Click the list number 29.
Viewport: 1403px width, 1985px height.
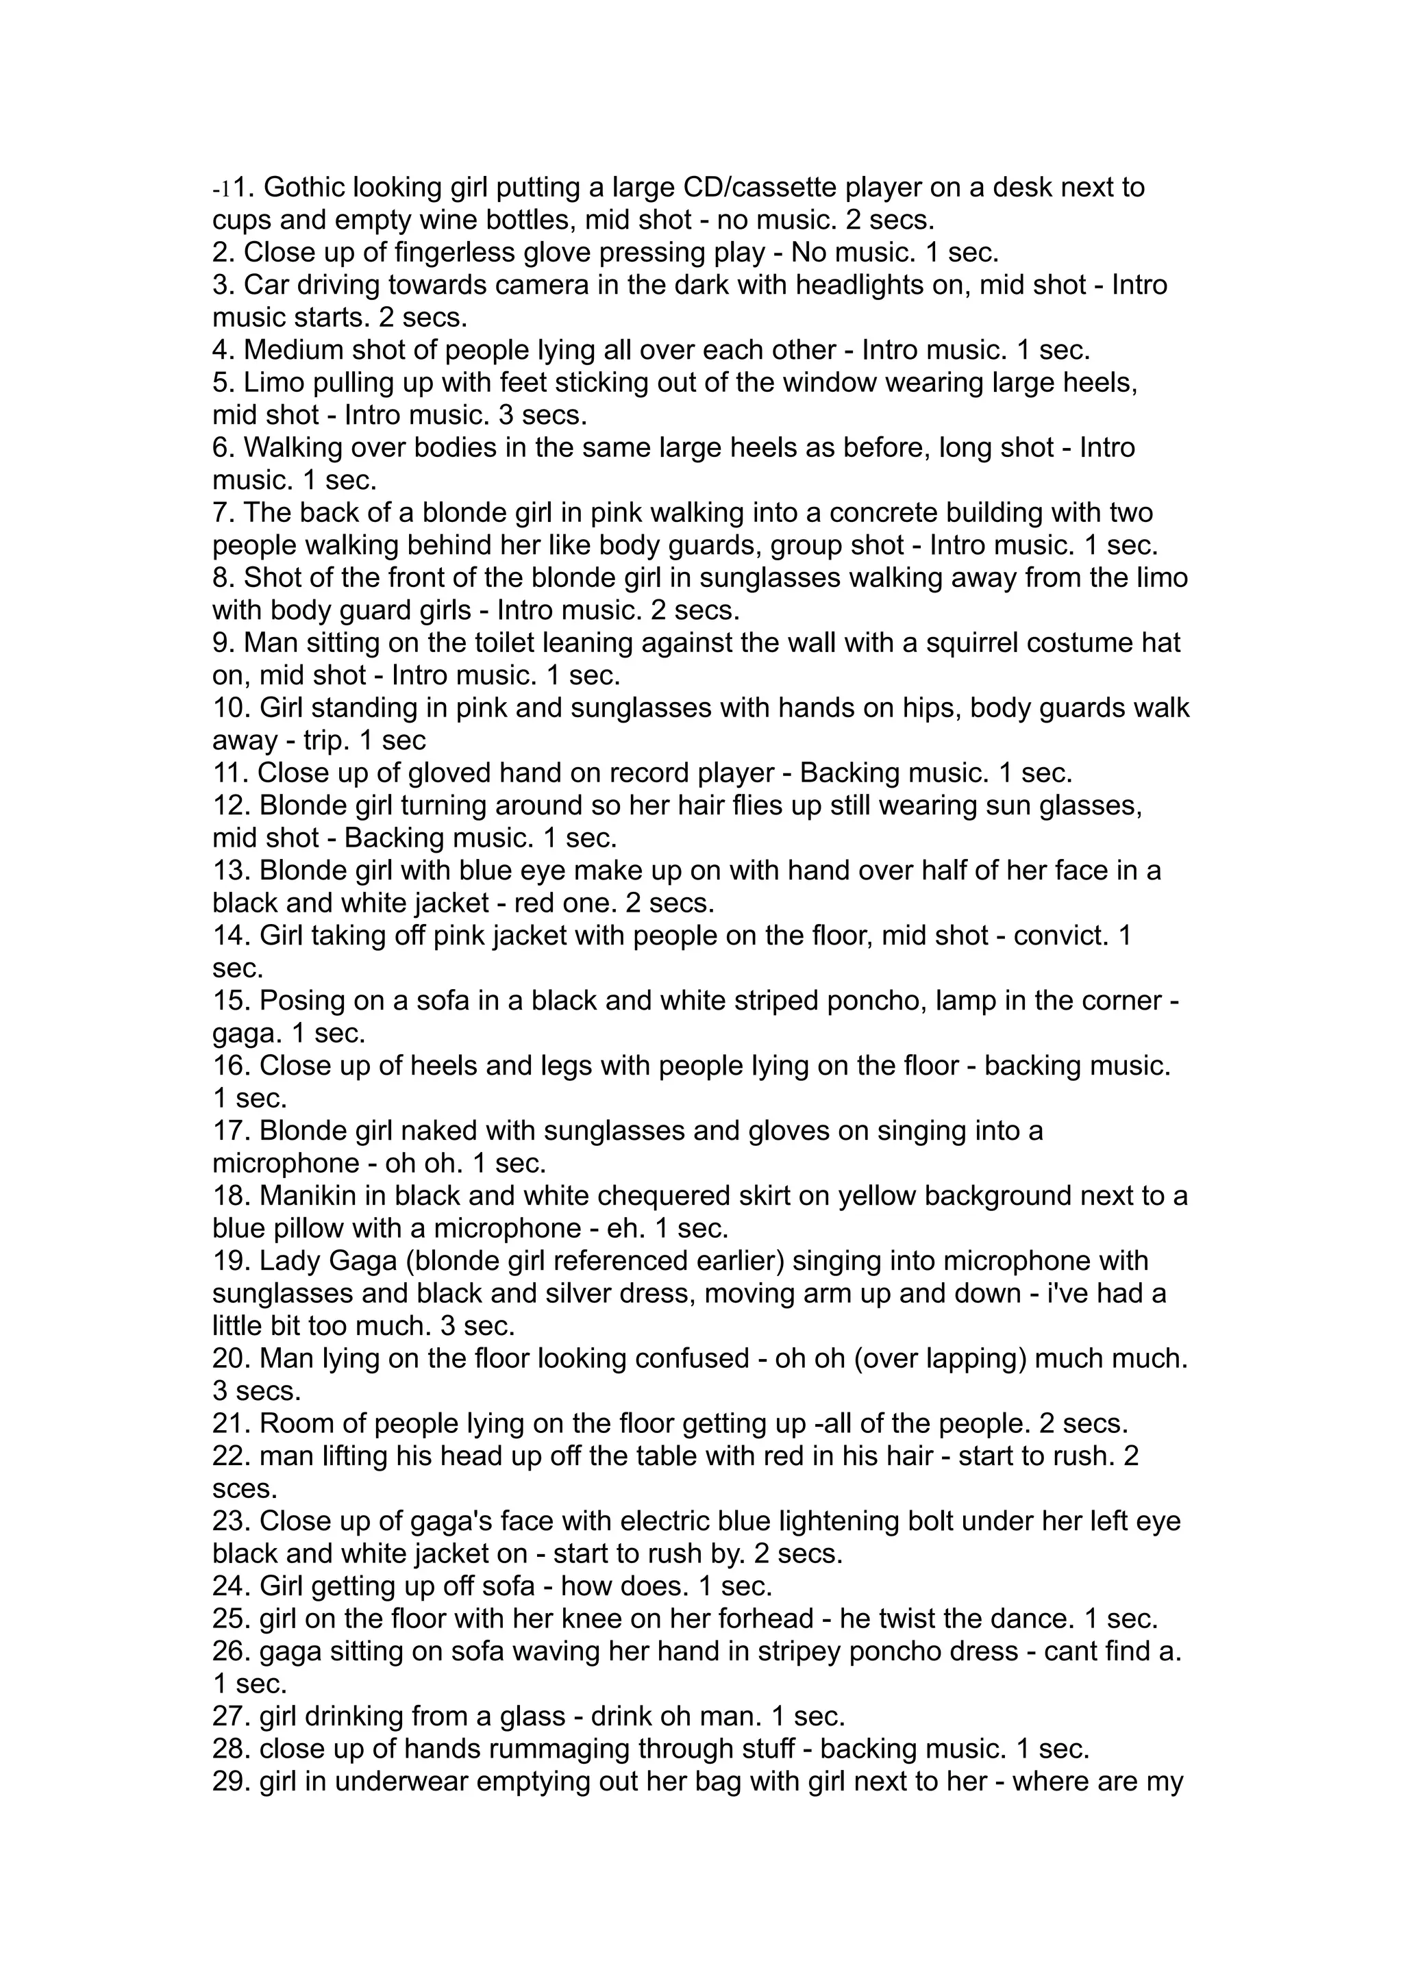[232, 1783]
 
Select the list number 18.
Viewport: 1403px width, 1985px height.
[232, 1197]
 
